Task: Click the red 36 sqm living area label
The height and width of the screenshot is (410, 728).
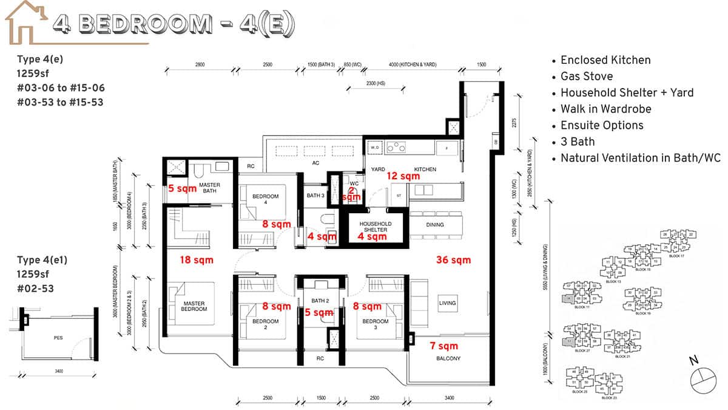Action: (x=453, y=260)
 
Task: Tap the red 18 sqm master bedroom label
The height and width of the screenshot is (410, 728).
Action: (x=196, y=260)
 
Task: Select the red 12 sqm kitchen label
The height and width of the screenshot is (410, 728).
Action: (x=403, y=176)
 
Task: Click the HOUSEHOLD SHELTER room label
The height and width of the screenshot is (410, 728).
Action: (x=376, y=227)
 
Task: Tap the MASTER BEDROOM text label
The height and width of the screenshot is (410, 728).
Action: (x=194, y=306)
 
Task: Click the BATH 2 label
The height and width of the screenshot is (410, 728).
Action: (x=320, y=301)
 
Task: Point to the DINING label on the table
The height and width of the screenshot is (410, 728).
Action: (x=434, y=225)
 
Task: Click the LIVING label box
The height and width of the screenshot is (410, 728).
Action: (x=448, y=303)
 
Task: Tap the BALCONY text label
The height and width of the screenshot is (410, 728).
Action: (x=448, y=358)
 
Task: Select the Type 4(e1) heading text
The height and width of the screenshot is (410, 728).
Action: (x=42, y=259)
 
